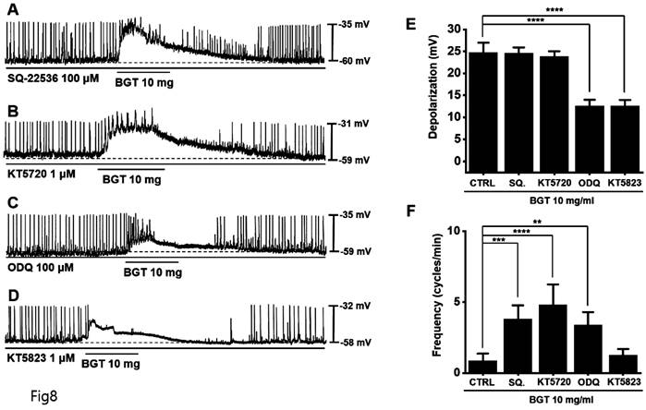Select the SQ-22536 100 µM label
[53, 73]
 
